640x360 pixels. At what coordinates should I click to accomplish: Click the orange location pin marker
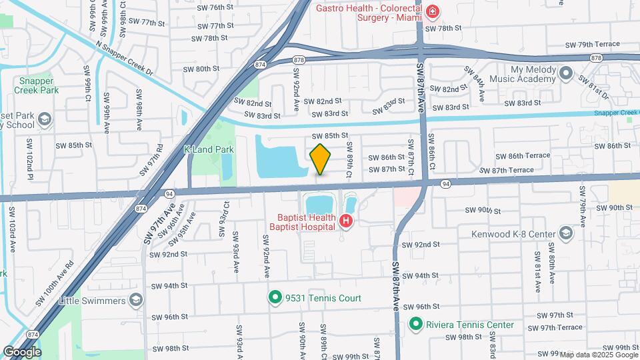(x=320, y=159)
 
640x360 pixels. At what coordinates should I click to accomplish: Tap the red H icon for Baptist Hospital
(x=346, y=221)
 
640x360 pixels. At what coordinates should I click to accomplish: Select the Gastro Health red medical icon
(x=433, y=12)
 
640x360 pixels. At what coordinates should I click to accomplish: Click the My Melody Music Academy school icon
(x=566, y=73)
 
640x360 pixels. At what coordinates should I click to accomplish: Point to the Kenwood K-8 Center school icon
(x=566, y=233)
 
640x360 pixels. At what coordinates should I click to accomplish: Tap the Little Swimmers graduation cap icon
(x=137, y=300)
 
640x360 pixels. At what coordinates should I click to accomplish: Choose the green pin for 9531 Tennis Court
(x=274, y=298)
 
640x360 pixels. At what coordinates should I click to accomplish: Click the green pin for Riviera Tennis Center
(x=416, y=325)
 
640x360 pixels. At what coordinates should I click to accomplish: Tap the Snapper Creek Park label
(x=39, y=85)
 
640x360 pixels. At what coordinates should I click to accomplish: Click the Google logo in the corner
(x=22, y=351)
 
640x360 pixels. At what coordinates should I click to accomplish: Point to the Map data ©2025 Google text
(x=599, y=355)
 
